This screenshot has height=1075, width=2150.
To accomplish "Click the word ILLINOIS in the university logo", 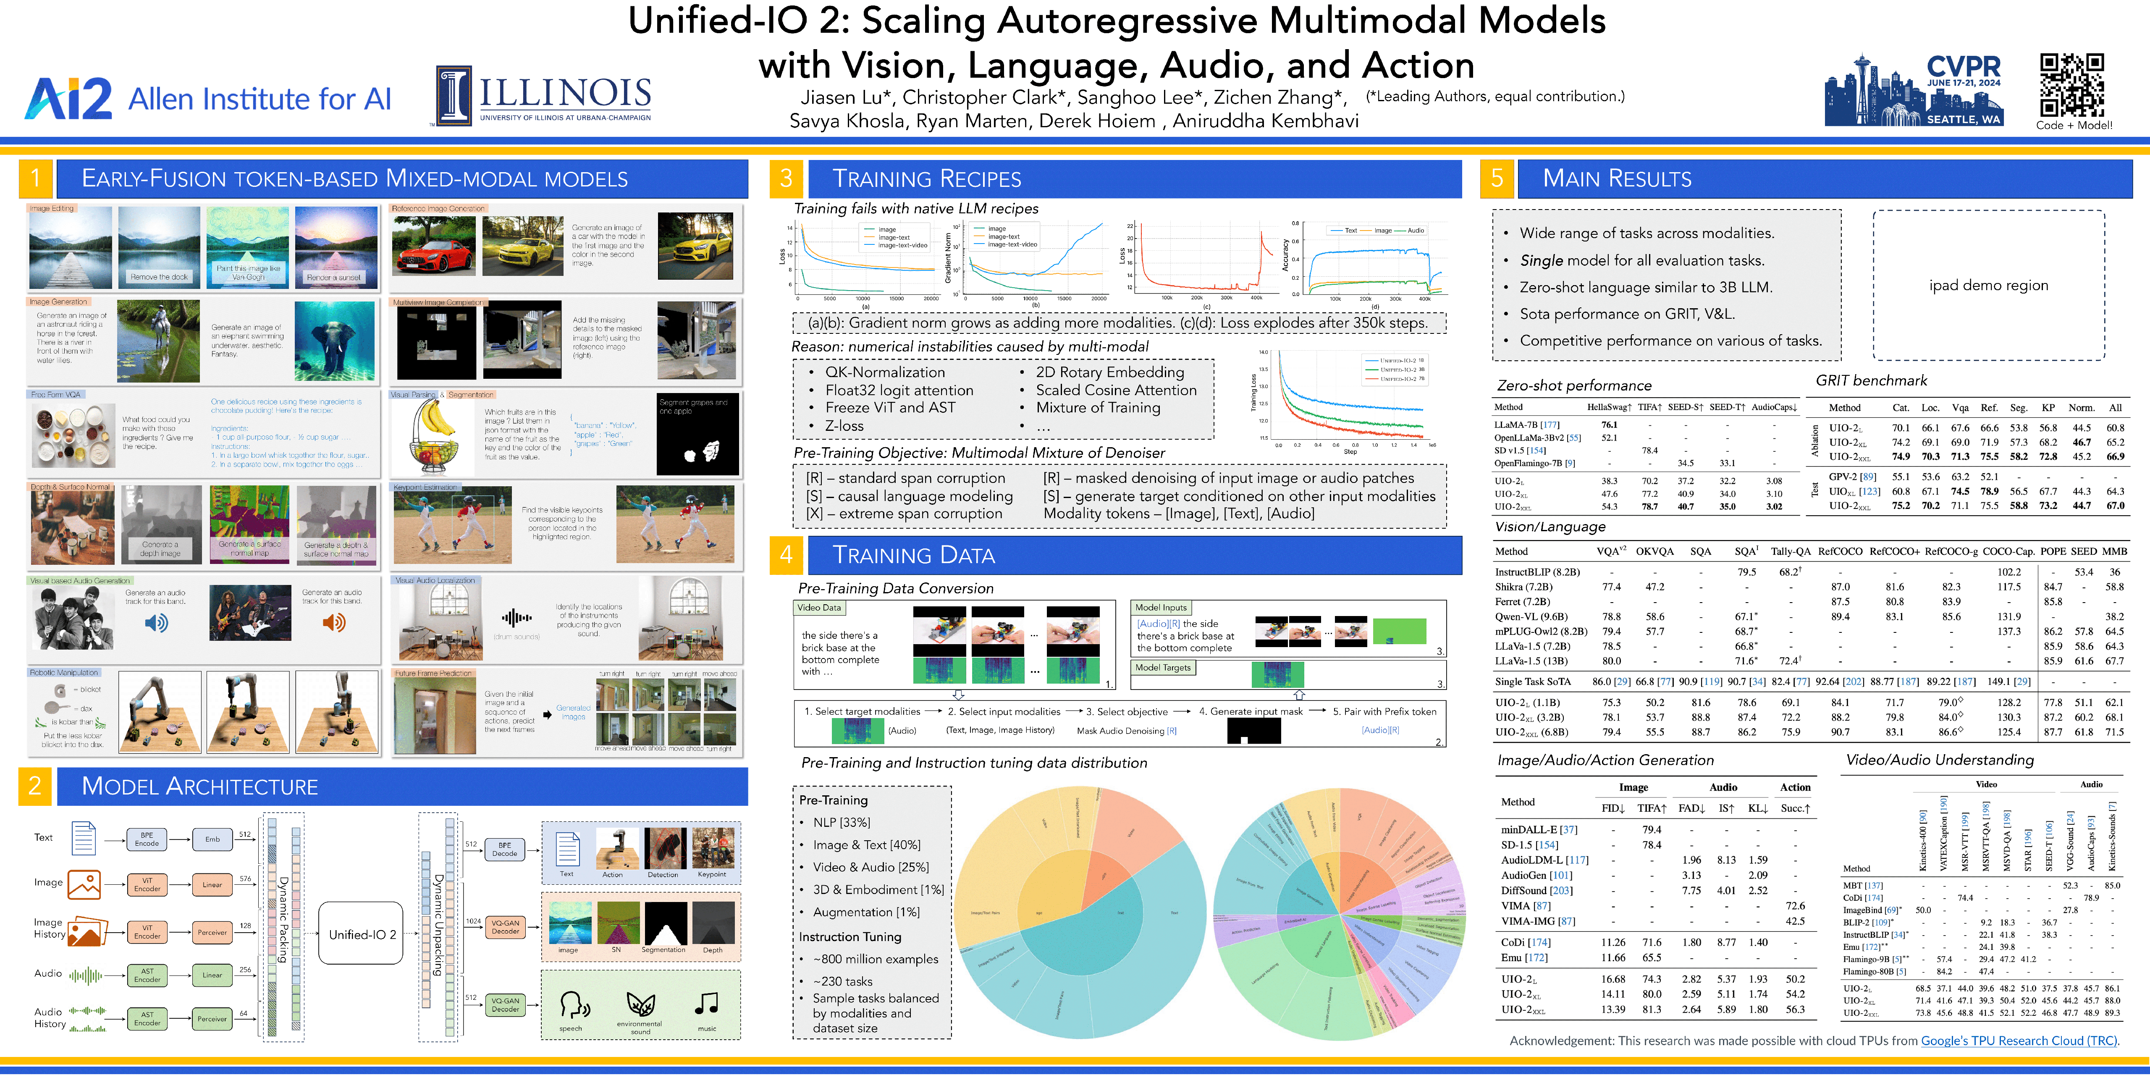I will pos(565,93).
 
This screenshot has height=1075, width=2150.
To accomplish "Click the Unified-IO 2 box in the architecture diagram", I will pos(362,934).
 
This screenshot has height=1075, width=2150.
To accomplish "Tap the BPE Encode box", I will pos(147,839).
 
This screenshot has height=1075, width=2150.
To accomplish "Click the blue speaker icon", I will pos(156,623).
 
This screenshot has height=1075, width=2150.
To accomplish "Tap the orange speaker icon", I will pos(334,623).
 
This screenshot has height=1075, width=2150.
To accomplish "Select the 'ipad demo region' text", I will pos(1988,286).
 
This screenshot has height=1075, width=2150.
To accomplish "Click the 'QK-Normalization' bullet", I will pos(885,372).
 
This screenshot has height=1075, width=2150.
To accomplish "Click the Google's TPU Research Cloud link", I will pos(2018,1041).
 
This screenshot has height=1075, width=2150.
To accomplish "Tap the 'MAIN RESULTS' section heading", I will pos(1617,178).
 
